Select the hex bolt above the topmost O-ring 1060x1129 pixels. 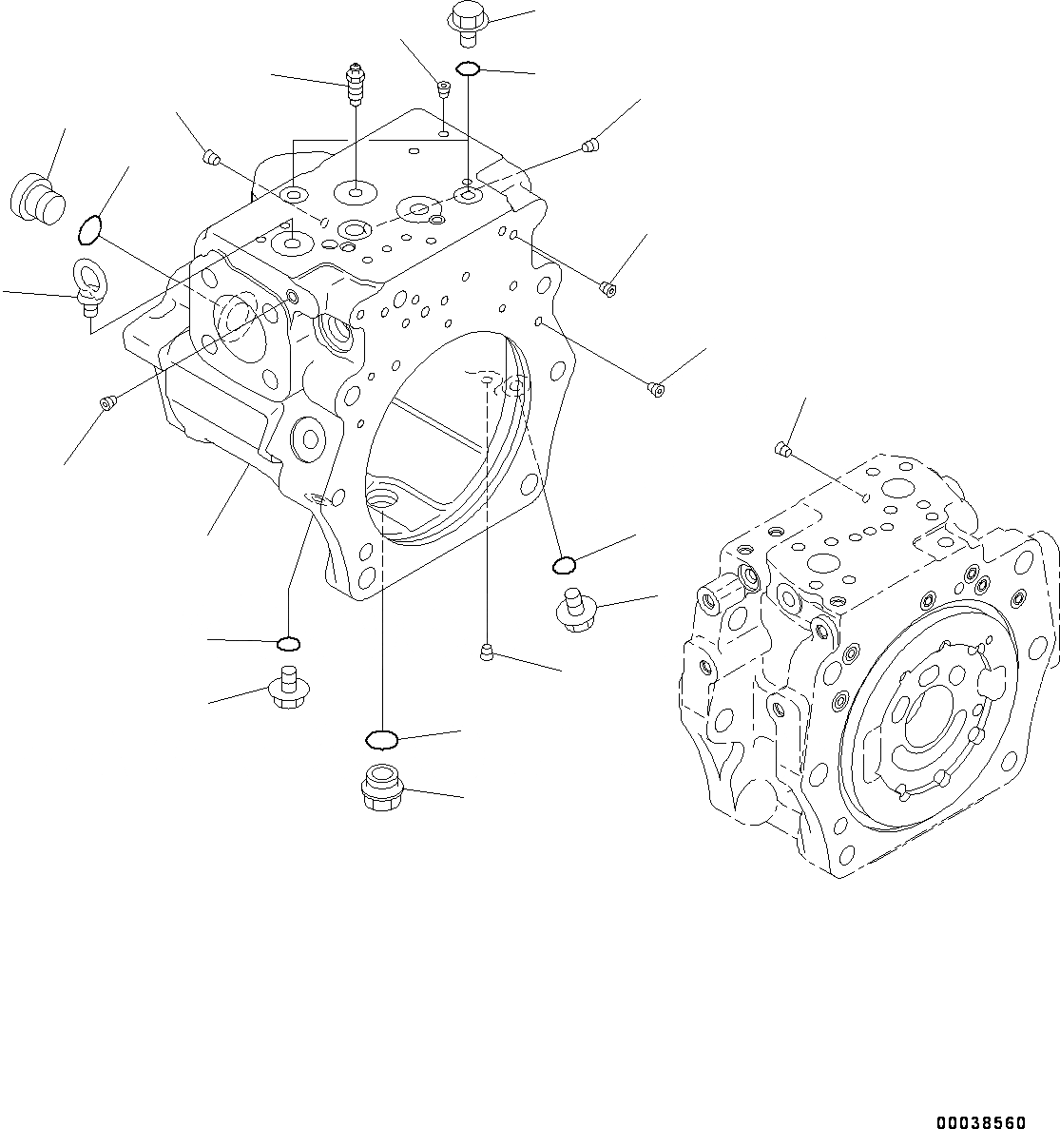coord(466,22)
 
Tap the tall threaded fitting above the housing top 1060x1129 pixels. coord(356,83)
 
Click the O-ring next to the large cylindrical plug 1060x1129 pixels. coord(87,229)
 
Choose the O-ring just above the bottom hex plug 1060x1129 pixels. coord(381,738)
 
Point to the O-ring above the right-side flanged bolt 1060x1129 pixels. coord(564,565)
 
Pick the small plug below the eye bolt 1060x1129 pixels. coord(107,404)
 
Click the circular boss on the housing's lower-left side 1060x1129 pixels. coord(309,439)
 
